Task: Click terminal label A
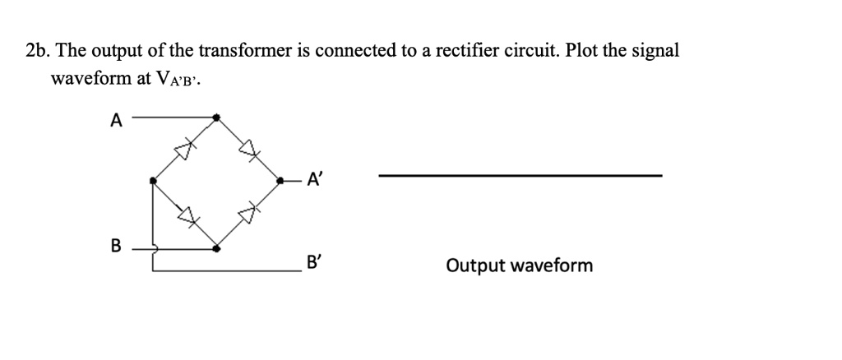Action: tap(116, 121)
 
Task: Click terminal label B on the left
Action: tap(116, 245)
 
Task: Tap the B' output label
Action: tap(313, 265)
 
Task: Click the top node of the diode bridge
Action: tap(216, 118)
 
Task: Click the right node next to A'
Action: tap(280, 180)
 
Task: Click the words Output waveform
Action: tap(519, 265)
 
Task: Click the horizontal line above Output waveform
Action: tap(519, 175)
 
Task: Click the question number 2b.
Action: tap(37, 51)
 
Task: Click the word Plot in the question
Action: tap(583, 51)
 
